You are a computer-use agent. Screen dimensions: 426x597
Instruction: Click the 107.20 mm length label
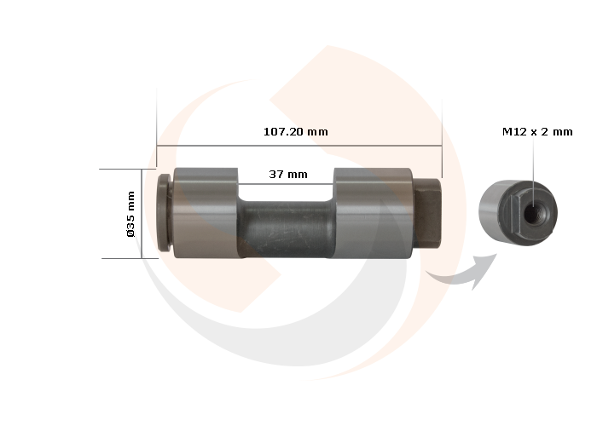(295, 132)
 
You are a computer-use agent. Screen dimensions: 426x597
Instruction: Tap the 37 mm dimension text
(287, 174)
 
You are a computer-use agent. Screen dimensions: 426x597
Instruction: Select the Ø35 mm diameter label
(131, 214)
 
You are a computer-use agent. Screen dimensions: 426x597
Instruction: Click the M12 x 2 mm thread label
(537, 132)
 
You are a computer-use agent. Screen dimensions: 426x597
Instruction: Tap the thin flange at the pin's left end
(165, 213)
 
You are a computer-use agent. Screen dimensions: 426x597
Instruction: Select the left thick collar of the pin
(205, 213)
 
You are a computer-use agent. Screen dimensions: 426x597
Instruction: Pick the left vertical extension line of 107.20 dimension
(157, 128)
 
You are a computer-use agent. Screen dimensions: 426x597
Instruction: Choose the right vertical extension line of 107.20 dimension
(442, 128)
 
